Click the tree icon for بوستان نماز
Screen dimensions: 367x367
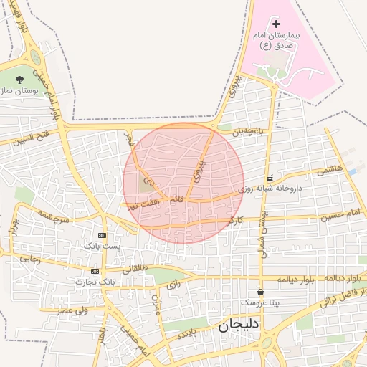pyautogui.click(x=19, y=79)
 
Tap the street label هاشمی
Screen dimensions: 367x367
pyautogui.click(x=333, y=169)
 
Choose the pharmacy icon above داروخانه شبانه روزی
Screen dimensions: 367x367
pyautogui.click(x=270, y=177)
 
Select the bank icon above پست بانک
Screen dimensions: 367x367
pyautogui.click(x=102, y=235)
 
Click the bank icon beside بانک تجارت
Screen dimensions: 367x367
pyautogui.click(x=95, y=271)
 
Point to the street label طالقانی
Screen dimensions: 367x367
pyautogui.click(x=135, y=270)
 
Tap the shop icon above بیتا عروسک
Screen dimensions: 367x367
pyautogui.click(x=259, y=292)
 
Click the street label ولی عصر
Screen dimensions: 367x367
pyautogui.click(x=72, y=310)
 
